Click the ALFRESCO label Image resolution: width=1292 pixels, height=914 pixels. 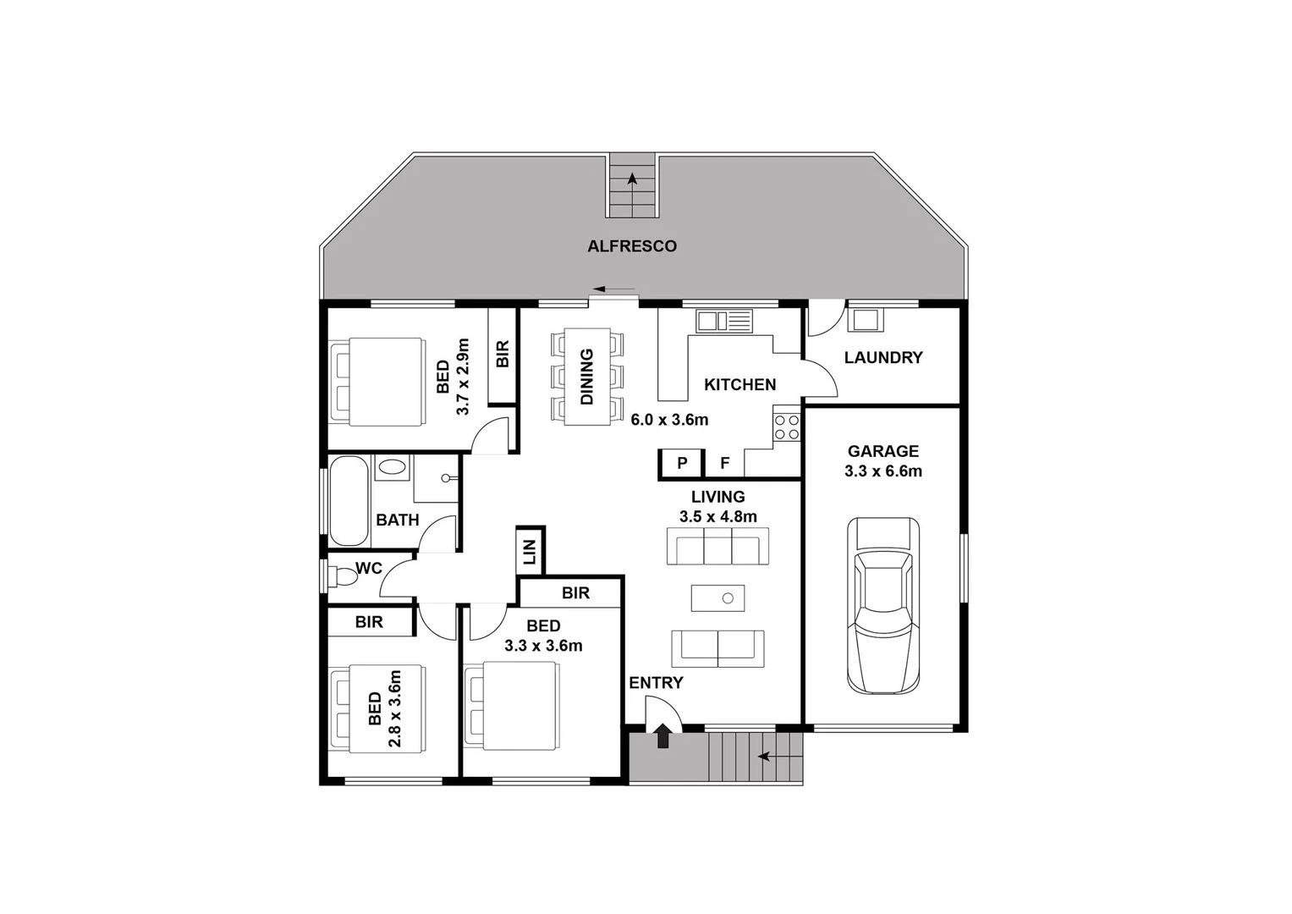click(632, 246)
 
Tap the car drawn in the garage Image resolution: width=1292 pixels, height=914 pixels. click(883, 606)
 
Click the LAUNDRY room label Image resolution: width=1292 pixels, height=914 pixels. click(883, 357)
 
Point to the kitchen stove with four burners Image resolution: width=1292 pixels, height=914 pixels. click(786, 427)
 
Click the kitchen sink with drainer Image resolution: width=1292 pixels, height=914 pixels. click(723, 321)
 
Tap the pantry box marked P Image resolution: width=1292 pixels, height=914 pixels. click(682, 463)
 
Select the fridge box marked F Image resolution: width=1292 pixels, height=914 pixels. click(724, 463)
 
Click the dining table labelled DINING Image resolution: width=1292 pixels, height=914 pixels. click(587, 377)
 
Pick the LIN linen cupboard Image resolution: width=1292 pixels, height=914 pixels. click(531, 551)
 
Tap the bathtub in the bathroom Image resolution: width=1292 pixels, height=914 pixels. click(349, 501)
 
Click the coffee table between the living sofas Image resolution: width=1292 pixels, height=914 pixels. click(717, 598)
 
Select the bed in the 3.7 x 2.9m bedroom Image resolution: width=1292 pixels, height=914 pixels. click(377, 382)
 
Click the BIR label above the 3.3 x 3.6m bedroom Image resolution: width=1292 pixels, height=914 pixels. click(575, 593)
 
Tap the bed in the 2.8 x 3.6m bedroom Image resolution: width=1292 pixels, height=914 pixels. click(377, 708)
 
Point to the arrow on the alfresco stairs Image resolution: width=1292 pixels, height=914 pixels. click(632, 179)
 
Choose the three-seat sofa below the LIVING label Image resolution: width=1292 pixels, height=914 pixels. click(717, 546)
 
